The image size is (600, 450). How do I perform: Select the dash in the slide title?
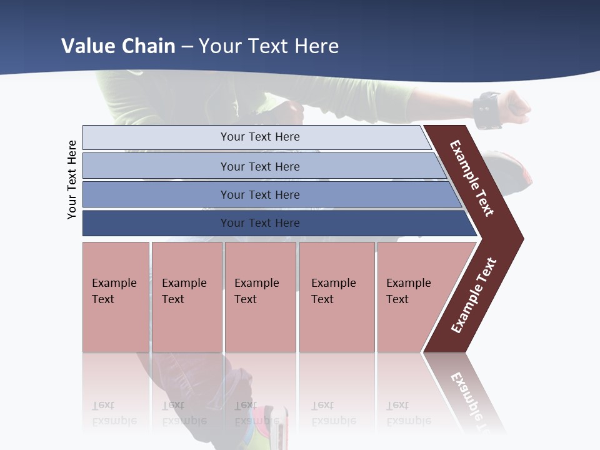click(187, 47)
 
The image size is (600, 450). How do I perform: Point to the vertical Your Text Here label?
click(72, 179)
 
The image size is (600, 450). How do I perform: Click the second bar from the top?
click(259, 166)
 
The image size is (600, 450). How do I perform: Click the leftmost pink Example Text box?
click(116, 297)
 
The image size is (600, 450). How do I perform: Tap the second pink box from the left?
click(187, 297)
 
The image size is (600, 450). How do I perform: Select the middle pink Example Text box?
click(260, 297)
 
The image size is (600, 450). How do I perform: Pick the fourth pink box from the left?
click(337, 297)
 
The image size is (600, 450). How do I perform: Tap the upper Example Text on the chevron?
click(472, 178)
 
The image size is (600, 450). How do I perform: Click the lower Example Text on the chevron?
click(474, 295)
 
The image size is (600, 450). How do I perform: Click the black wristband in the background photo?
click(487, 110)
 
